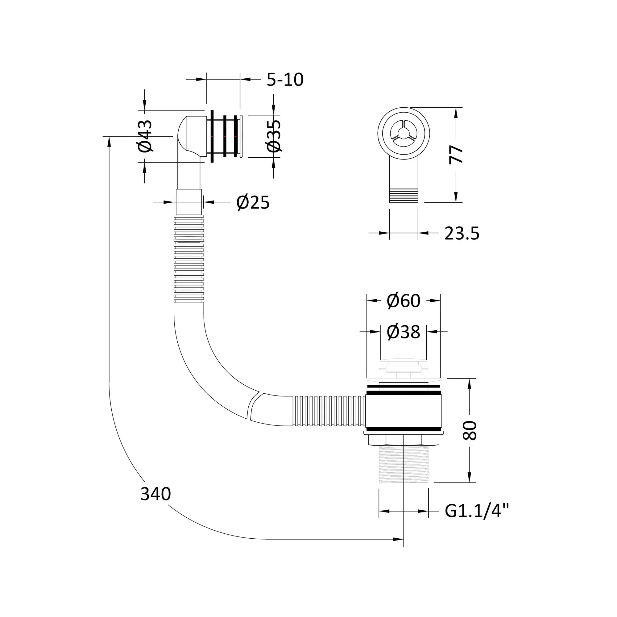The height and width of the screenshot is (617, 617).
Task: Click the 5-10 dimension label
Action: [x=285, y=80]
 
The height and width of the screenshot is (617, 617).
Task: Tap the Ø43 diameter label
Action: [x=145, y=136]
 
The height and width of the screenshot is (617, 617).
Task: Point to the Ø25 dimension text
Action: [x=253, y=202]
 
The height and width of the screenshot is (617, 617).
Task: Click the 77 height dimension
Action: [x=456, y=155]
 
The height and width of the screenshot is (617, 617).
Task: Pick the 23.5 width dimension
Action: [x=462, y=234]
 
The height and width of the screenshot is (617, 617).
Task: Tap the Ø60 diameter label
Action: [x=403, y=300]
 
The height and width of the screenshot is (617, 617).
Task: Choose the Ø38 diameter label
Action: [x=403, y=332]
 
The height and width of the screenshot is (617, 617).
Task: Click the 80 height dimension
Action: [x=470, y=430]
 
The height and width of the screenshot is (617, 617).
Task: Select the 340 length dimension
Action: [x=155, y=494]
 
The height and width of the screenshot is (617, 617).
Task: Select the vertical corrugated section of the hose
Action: [x=189, y=258]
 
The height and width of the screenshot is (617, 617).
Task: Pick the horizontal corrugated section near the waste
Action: [x=329, y=411]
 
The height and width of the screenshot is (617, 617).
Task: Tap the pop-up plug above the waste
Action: [x=403, y=369]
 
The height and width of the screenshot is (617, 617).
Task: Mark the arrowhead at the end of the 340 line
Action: [x=399, y=539]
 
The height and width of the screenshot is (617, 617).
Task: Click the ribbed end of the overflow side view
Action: [x=404, y=196]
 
